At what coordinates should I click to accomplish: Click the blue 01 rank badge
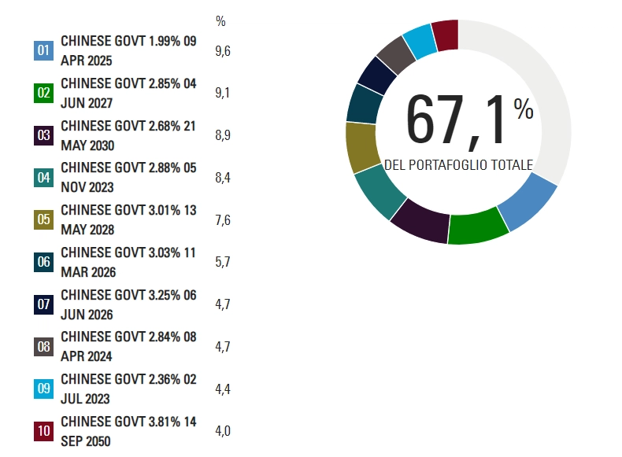point(44,51)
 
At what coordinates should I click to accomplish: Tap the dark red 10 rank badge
point(44,431)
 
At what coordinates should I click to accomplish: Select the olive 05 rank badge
point(44,220)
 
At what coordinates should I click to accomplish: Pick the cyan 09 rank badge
point(44,389)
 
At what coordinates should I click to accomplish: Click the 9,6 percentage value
point(222,51)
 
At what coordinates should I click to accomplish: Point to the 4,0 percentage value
point(222,431)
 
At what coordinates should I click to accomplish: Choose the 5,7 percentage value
point(222,263)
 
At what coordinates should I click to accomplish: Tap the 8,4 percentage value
point(222,179)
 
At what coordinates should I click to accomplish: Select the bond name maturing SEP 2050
point(128,431)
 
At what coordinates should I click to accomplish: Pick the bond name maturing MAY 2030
point(128,135)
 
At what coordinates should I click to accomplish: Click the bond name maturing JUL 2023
point(128,389)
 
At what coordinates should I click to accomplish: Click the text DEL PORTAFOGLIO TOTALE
point(458,165)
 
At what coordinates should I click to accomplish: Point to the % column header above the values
point(220,21)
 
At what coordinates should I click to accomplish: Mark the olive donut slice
point(361,146)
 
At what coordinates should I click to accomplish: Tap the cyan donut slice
point(420,42)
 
